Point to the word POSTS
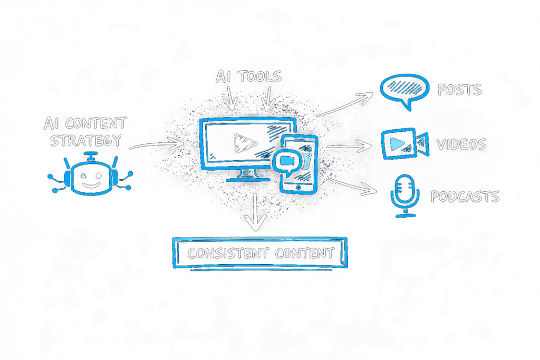point(460,90)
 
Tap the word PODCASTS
point(465,197)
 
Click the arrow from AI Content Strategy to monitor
point(156,143)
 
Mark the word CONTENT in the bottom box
point(304,253)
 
